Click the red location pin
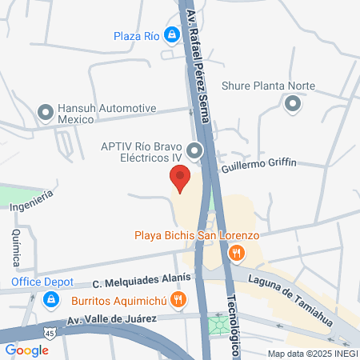[x=179, y=178]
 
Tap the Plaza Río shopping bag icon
[x=171, y=35]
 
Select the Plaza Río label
[x=137, y=35]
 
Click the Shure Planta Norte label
[x=268, y=86]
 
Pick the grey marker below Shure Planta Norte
[x=293, y=102]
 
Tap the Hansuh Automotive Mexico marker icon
[x=45, y=109]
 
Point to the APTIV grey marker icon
[x=194, y=150]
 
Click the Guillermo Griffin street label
[x=258, y=162]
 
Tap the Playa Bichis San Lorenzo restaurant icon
[x=236, y=254]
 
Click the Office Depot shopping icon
[x=50, y=299]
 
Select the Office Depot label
[x=42, y=282]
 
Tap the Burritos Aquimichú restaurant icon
[x=178, y=300]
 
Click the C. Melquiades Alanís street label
[x=142, y=279]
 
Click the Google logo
[x=26, y=350]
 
